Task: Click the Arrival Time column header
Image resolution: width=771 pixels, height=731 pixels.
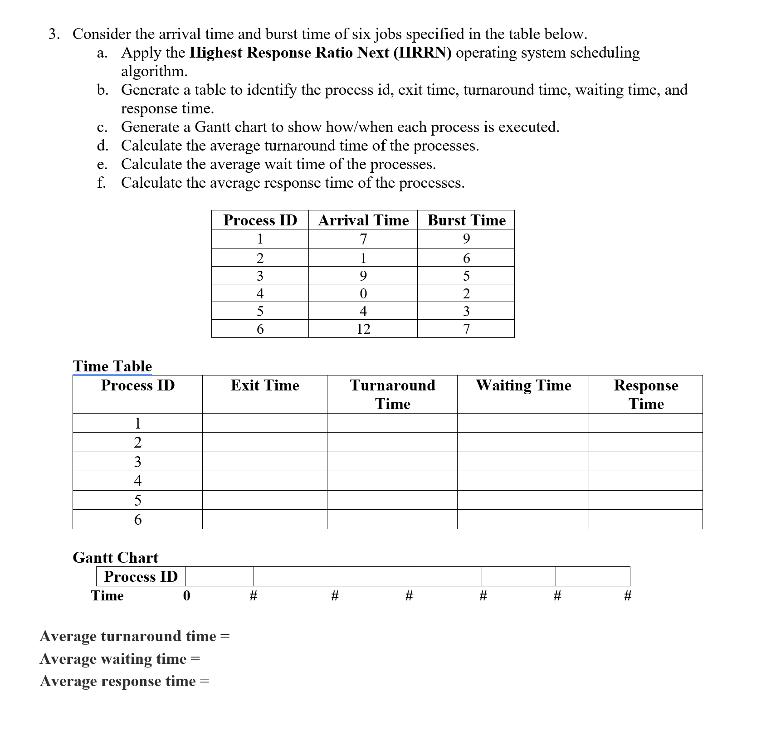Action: point(363,220)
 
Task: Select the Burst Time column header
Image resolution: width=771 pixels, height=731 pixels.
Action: point(466,220)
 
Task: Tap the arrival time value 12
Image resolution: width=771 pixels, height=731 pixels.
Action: point(363,329)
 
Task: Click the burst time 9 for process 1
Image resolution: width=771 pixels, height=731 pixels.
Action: point(466,239)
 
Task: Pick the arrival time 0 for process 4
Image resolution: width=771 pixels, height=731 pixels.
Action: point(363,293)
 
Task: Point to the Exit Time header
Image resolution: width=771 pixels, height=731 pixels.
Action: point(265,385)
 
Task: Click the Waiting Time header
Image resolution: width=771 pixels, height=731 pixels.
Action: point(523,385)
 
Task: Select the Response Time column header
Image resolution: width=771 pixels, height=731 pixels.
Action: point(646,394)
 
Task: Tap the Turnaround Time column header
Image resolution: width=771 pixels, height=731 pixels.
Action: point(392,394)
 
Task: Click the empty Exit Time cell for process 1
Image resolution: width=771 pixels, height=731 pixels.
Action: point(265,423)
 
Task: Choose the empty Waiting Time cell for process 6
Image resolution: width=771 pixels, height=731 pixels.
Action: point(523,519)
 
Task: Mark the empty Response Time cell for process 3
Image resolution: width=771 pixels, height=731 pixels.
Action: point(646,462)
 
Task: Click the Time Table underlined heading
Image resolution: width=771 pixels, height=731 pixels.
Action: point(112,366)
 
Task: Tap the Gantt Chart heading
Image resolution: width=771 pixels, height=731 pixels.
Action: point(115,557)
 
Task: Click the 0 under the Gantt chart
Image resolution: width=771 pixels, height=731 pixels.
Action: point(186,595)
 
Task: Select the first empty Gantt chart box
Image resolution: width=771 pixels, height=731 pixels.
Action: point(220,576)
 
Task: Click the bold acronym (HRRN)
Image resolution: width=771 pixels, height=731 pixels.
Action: point(422,53)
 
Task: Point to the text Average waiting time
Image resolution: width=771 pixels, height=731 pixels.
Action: point(113,658)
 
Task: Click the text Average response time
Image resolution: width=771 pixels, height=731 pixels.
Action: point(117,681)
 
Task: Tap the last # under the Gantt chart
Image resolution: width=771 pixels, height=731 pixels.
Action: point(628,595)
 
